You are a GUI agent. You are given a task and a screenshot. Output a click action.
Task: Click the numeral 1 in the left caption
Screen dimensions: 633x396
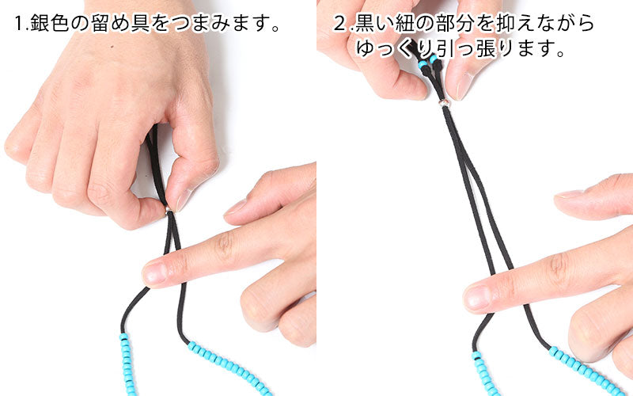(18, 24)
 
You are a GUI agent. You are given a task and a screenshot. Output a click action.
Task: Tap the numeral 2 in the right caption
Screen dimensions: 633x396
(340, 24)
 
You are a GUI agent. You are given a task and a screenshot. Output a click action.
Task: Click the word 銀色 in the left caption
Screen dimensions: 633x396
(49, 24)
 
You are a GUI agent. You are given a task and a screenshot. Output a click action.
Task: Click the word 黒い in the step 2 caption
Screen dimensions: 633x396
(374, 24)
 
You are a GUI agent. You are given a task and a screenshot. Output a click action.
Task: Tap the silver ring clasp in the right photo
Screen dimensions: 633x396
(445, 103)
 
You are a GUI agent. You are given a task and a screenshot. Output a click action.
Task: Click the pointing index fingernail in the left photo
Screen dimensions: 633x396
(155, 273)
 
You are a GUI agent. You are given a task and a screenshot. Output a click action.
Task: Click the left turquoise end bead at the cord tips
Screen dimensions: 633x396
(423, 64)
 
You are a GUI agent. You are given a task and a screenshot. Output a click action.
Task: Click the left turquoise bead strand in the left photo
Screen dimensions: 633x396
(128, 364)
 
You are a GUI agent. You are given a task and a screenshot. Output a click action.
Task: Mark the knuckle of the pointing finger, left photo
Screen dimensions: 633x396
(224, 245)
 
